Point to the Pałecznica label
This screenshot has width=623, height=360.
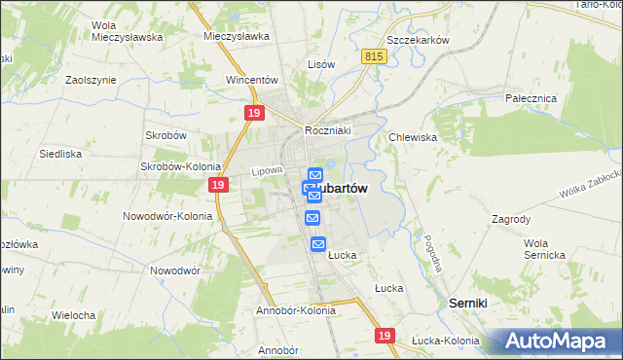pyautogui.click(x=530, y=98)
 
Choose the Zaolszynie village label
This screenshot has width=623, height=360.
pyautogui.click(x=91, y=81)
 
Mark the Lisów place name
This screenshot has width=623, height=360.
pyautogui.click(x=321, y=64)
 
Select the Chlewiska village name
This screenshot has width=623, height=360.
pyautogui.click(x=413, y=137)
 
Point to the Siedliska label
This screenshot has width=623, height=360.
pyautogui.click(x=59, y=154)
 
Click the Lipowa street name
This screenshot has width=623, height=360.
pyautogui.click(x=266, y=171)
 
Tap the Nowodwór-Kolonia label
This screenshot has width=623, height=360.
pyautogui.click(x=166, y=215)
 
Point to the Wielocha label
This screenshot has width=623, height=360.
pyautogui.click(x=73, y=315)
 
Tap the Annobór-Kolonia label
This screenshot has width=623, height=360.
pyautogui.click(x=295, y=310)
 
